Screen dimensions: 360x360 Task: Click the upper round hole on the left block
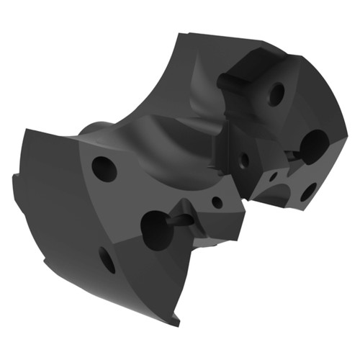(104, 168)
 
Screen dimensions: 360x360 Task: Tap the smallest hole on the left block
(217, 202)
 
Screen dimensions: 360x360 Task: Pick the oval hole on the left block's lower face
(107, 260)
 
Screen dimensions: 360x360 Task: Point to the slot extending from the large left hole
(183, 220)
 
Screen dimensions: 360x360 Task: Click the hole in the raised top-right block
(276, 93)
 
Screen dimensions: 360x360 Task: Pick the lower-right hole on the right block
(308, 192)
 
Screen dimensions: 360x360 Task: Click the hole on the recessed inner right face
(244, 160)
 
